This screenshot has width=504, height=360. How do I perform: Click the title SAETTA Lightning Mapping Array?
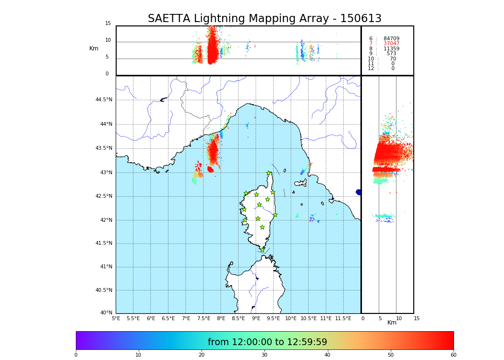tap(264, 19)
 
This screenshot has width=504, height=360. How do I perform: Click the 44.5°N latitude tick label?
tap(104, 100)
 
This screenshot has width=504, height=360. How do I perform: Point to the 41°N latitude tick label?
tap(106, 267)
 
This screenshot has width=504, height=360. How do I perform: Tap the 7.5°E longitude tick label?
tap(204, 319)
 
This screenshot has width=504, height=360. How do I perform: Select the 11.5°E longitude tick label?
tap(343, 319)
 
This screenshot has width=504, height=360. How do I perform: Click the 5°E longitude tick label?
tap(116, 319)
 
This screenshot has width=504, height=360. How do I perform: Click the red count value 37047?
tap(391, 44)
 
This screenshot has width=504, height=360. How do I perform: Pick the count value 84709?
tap(391, 39)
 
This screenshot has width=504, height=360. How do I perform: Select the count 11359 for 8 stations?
tap(391, 49)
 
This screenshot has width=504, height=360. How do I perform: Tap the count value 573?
tap(392, 54)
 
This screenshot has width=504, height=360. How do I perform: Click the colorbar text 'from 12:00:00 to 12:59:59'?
tap(267, 342)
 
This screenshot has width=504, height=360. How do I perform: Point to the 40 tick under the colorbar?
tap(327, 355)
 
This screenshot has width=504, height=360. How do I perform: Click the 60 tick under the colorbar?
tap(453, 355)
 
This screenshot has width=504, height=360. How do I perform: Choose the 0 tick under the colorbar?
tap(76, 355)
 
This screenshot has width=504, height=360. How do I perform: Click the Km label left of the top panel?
tap(94, 48)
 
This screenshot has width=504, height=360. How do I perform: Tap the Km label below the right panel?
tap(392, 323)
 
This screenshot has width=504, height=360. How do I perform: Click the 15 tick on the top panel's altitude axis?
tap(108, 24)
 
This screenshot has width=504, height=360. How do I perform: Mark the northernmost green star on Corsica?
tap(269, 173)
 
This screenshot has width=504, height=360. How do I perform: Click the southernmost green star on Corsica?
tap(262, 250)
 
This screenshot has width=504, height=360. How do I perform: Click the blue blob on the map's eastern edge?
tap(359, 192)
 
